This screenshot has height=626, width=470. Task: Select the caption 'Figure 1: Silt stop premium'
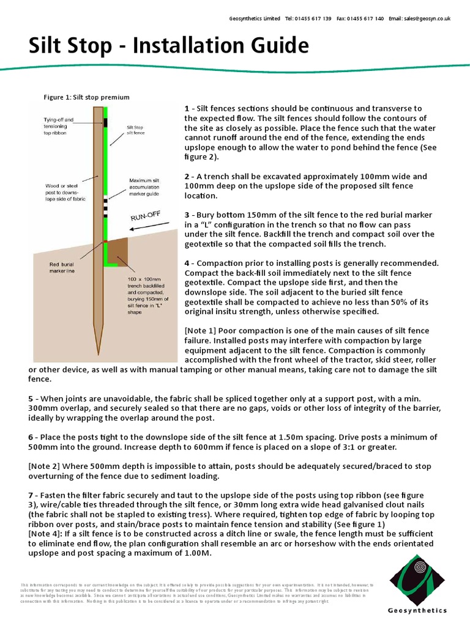coord(86,97)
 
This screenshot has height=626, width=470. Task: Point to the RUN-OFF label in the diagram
coord(144,215)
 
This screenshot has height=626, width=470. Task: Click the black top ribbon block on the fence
coord(105,123)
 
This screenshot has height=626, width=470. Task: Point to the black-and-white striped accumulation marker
coord(105,207)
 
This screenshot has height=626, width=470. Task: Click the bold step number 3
coord(187,215)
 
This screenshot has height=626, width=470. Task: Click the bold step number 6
coord(31,437)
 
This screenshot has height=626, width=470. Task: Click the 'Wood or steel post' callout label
coord(65,192)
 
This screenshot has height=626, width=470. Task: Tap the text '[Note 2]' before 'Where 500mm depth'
coord(43,466)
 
